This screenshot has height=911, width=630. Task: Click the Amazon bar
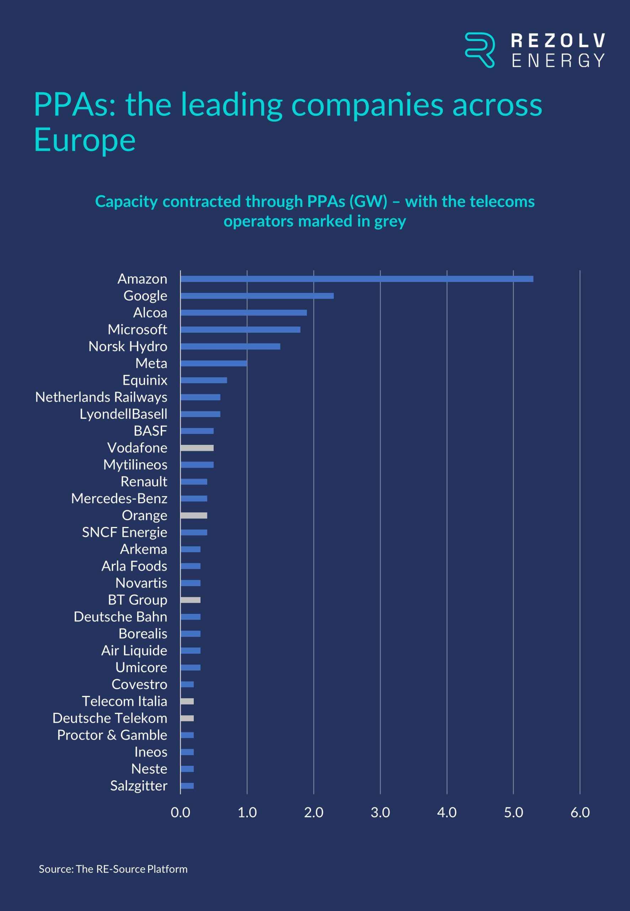tap(357, 279)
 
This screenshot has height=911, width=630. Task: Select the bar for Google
tap(257, 296)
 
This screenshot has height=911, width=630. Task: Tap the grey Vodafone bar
tap(197, 448)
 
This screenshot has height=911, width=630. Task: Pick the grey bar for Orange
tap(194, 516)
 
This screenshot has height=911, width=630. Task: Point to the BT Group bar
tap(191, 600)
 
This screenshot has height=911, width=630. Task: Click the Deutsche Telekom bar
tap(187, 718)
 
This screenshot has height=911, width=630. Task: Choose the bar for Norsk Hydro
tap(230, 347)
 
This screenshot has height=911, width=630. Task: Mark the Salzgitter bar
tap(187, 786)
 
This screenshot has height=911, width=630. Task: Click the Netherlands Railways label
tap(101, 397)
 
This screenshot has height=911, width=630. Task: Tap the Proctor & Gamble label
tap(112, 735)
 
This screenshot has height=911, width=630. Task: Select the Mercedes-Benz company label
tap(119, 499)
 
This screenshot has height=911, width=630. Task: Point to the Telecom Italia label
tap(124, 701)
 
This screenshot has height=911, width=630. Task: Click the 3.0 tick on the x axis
tap(380, 813)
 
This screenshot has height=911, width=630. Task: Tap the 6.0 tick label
tap(580, 813)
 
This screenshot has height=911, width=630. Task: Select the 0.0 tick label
tap(180, 813)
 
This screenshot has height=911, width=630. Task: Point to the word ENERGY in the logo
tap(558, 60)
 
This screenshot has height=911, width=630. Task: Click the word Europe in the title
tap(85, 140)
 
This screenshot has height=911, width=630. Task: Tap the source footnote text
tap(113, 869)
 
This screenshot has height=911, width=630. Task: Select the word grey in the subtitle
tap(390, 221)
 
